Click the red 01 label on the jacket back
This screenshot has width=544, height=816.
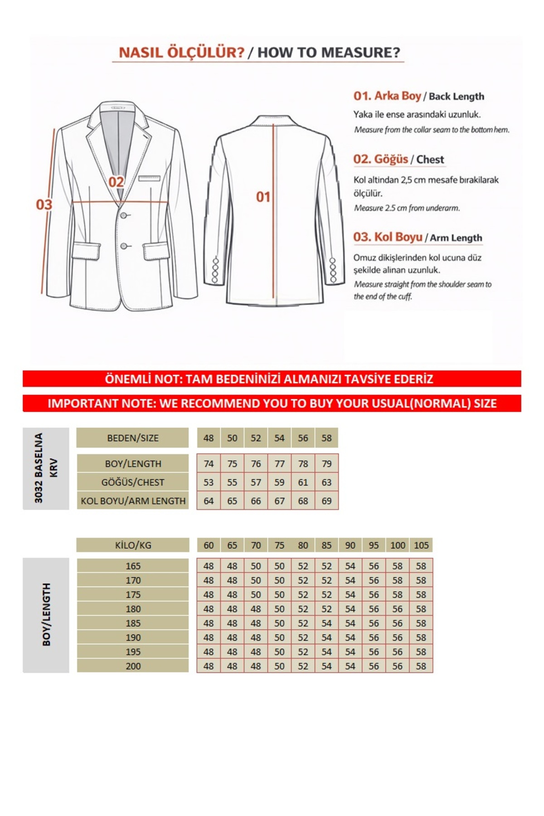point(263,197)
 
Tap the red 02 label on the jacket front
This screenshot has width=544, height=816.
point(116,182)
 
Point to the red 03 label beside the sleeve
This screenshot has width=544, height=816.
point(44,204)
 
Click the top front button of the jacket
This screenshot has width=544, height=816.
point(123,215)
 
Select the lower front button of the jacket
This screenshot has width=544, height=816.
point(123,246)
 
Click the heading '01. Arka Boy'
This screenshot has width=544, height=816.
point(387,96)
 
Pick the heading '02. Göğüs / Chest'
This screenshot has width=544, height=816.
point(398,160)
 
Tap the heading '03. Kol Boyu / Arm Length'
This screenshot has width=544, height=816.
point(418,238)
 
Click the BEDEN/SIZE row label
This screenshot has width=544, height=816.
point(132,438)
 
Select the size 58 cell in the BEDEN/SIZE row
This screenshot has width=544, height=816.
point(326,438)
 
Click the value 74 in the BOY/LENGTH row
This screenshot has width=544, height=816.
point(209,464)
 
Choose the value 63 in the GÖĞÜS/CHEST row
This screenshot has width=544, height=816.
point(326,482)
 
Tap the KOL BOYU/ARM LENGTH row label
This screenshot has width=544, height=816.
point(133,501)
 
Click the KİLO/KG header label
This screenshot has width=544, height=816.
point(133,545)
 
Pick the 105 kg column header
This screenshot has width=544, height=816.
point(421,545)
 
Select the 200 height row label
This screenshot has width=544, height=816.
point(133,666)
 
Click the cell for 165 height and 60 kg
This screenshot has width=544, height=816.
point(209,566)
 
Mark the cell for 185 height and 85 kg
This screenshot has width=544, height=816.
point(326,623)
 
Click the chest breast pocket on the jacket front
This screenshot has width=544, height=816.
point(149,179)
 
